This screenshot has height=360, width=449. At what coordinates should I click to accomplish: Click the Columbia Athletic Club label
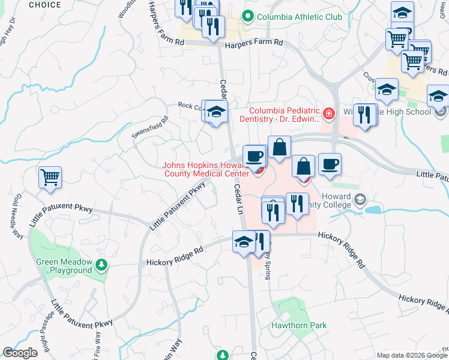[x=299, y=17]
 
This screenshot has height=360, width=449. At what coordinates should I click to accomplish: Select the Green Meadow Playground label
[x=64, y=266]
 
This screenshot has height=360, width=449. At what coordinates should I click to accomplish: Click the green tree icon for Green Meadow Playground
[x=101, y=264]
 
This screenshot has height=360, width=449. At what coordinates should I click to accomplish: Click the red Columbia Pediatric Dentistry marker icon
[x=328, y=113]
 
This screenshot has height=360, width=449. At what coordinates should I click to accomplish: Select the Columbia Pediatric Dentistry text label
[x=285, y=115]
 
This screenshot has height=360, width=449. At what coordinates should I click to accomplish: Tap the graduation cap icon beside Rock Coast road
[x=217, y=112]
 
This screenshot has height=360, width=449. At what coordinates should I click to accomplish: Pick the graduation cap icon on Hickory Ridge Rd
[x=244, y=242]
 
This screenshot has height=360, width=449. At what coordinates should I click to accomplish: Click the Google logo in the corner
[x=20, y=353]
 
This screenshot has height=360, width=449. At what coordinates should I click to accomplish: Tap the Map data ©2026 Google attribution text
[x=412, y=355]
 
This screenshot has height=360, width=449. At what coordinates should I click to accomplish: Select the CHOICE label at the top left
[x=44, y=5]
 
